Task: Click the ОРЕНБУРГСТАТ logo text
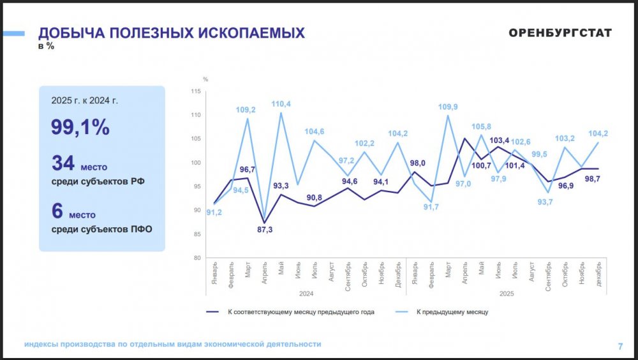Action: click(x=560, y=33)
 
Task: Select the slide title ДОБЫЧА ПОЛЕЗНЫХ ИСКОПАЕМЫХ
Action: click(x=172, y=33)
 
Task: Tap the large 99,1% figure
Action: click(x=80, y=127)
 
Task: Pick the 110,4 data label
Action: click(x=281, y=104)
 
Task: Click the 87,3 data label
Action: click(x=264, y=230)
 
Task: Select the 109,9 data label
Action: click(x=448, y=107)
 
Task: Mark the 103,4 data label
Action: click(x=498, y=140)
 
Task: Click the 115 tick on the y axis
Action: click(x=195, y=92)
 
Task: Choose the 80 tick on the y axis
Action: click(x=197, y=258)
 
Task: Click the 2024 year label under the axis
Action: click(x=306, y=294)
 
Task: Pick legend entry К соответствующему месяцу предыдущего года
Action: click(x=300, y=312)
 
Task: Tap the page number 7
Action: click(x=620, y=347)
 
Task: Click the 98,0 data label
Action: click(x=417, y=163)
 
